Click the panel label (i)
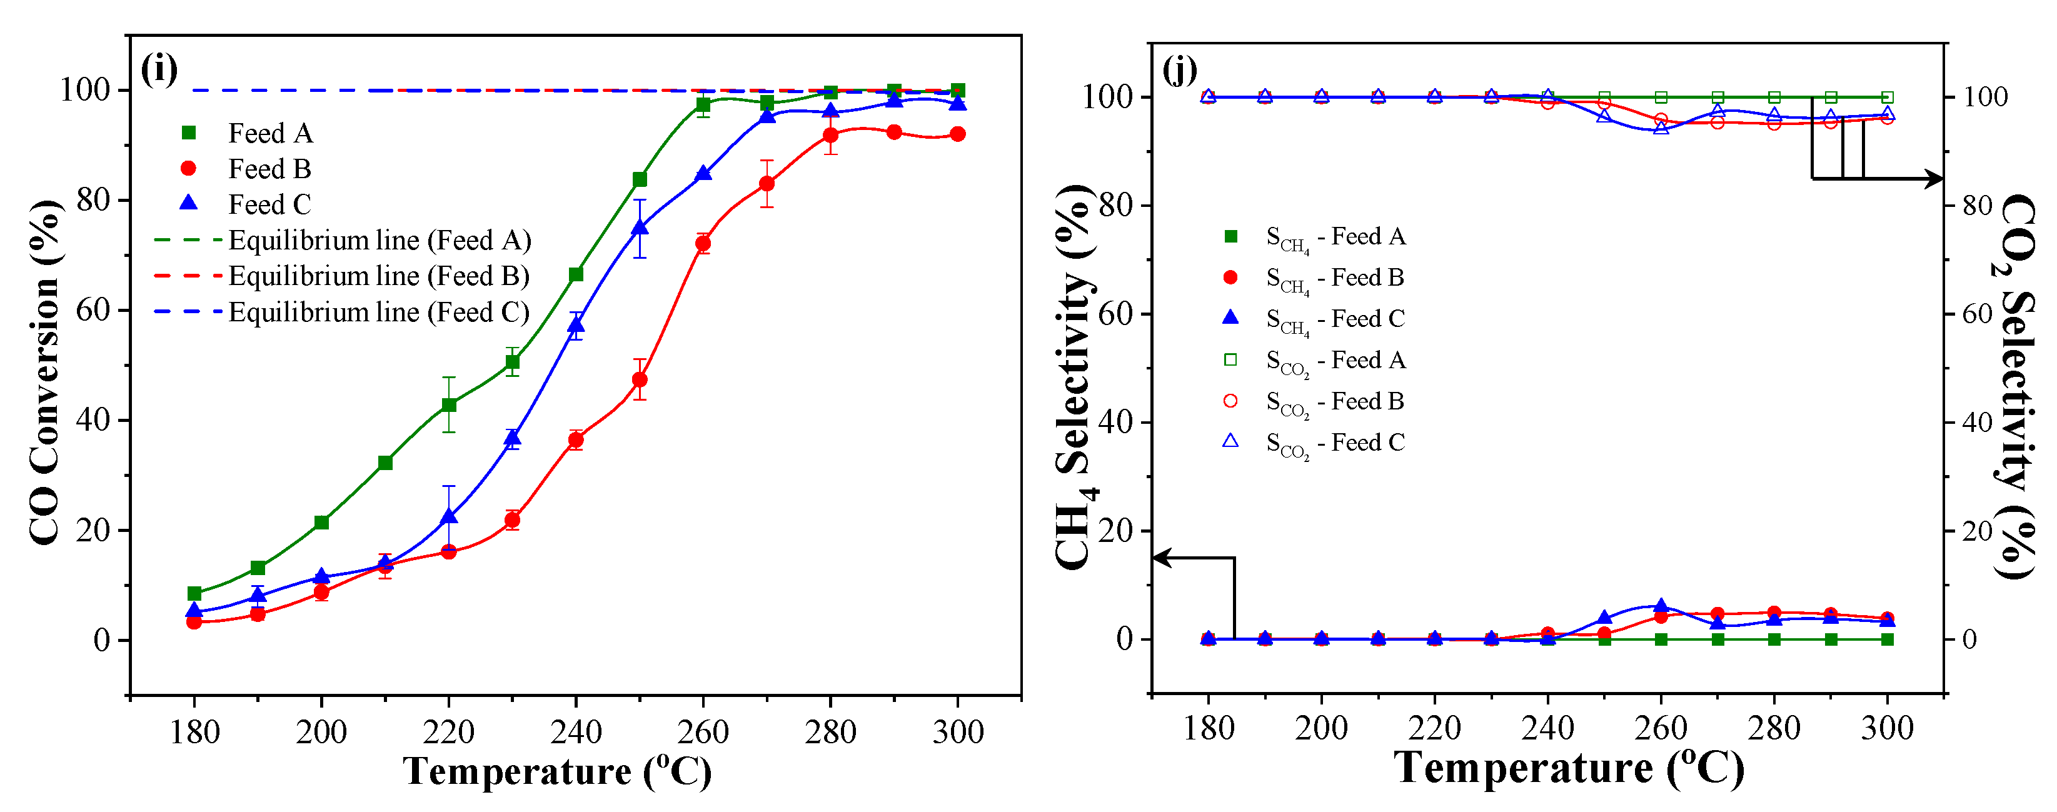point(159,69)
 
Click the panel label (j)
point(1180,69)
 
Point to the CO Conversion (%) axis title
point(46,372)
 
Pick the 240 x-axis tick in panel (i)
point(576,731)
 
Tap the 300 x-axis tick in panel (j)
point(1887,728)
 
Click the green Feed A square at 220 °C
point(449,405)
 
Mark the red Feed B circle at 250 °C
point(640,380)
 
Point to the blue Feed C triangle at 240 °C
point(576,325)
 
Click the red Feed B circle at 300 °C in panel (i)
point(957,134)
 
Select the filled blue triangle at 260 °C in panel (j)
point(1661,606)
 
